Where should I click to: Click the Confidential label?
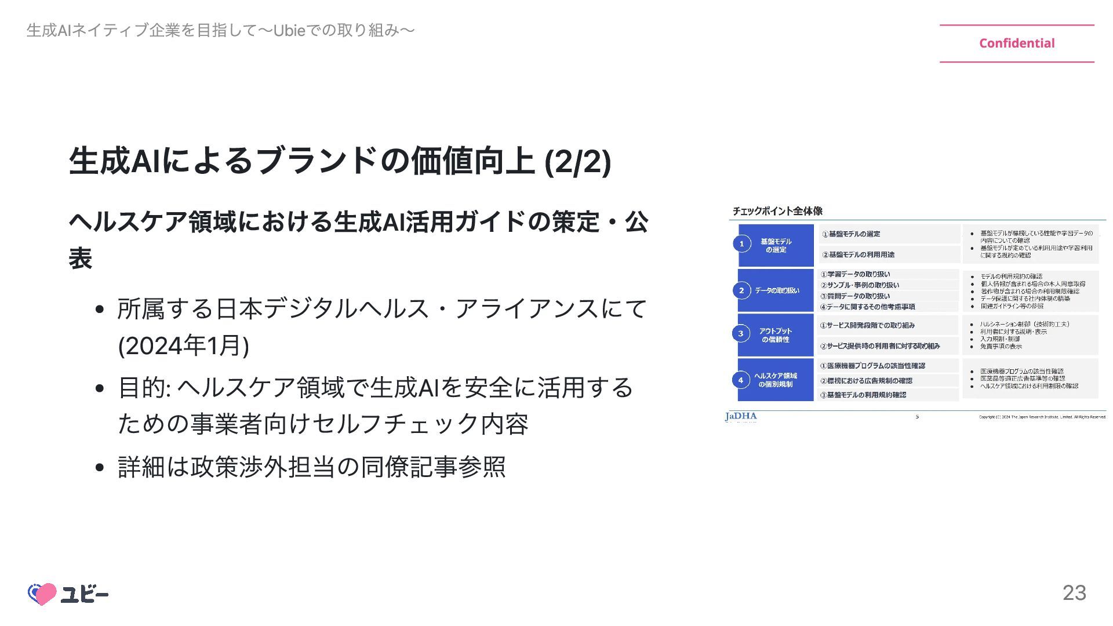pos(1017,43)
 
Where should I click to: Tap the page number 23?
pos(1074,592)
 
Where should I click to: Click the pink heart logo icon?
pos(42,594)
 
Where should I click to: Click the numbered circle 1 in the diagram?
pos(741,244)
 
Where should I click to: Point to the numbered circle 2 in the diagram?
pos(741,290)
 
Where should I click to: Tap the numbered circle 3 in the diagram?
pos(741,333)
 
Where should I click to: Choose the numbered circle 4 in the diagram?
pos(741,380)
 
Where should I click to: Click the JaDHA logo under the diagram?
pos(741,416)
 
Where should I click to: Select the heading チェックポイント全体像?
pos(777,211)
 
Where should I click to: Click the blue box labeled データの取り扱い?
pos(777,290)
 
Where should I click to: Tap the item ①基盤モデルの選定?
pos(851,234)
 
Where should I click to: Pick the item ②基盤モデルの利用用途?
pos(858,254)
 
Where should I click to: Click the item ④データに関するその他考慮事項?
pos(867,307)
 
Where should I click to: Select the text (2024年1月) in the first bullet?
pos(183,346)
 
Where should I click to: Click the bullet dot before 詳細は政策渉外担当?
pos(99,467)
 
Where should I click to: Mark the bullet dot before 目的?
pos(99,388)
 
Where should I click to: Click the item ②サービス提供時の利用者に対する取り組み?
pos(879,346)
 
